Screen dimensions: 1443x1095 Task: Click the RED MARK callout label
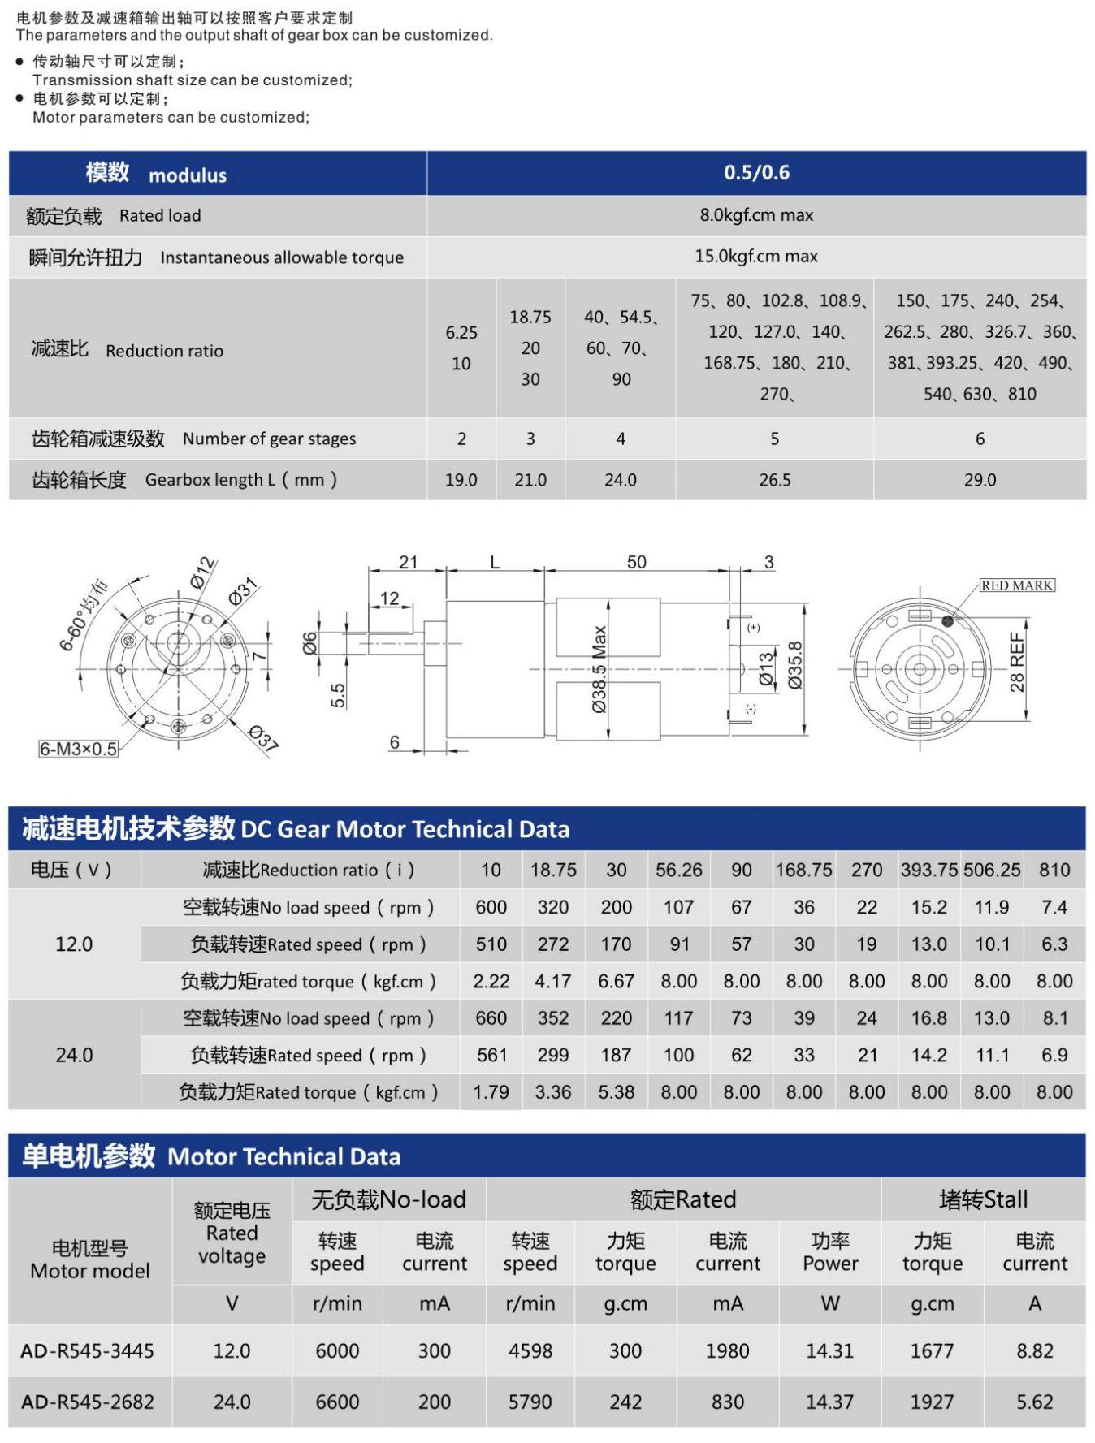click(x=1016, y=585)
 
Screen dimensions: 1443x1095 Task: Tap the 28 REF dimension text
click(x=1018, y=662)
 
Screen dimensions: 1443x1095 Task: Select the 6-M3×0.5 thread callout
click(x=79, y=749)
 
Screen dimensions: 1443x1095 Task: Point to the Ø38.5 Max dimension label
click(x=599, y=669)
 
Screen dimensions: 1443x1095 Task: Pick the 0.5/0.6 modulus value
click(x=756, y=172)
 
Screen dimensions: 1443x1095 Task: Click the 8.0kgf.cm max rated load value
click(x=756, y=215)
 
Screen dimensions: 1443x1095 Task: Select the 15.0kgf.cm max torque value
click(x=756, y=257)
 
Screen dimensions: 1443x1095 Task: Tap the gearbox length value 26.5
click(x=774, y=480)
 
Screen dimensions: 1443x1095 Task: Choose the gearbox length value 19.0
click(x=461, y=480)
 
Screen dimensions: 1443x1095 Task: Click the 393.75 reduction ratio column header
click(x=928, y=870)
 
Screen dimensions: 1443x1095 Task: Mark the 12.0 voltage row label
click(x=74, y=944)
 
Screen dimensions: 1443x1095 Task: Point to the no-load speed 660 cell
click(x=491, y=1018)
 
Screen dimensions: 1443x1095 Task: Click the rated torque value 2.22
click(x=491, y=982)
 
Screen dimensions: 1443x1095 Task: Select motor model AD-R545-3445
click(x=88, y=1350)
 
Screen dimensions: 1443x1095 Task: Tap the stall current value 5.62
click(x=1034, y=1402)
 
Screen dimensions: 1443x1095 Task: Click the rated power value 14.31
click(x=829, y=1350)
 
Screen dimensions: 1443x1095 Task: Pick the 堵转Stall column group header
click(x=983, y=1199)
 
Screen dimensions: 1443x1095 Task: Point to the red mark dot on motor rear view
click(x=947, y=621)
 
